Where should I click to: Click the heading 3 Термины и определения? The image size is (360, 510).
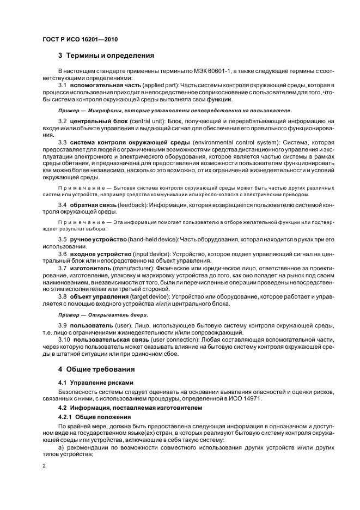point(106,55)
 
